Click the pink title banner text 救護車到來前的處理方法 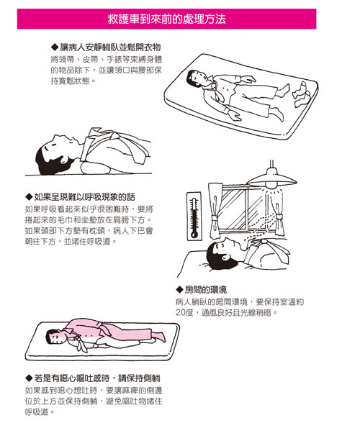tap(166, 19)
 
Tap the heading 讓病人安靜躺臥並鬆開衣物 tap(110, 47)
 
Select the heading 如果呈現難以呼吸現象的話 tap(84, 197)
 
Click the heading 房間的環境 tap(206, 290)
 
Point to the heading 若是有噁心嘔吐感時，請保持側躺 tap(97, 378)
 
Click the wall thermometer tap(194, 216)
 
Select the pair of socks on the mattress tap(302, 95)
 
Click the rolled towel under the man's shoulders tap(95, 168)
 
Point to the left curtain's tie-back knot tap(215, 219)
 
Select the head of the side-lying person tap(55, 337)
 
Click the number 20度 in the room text tap(184, 313)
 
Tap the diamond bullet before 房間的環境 tap(179, 290)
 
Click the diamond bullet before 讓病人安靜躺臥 tap(55, 47)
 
